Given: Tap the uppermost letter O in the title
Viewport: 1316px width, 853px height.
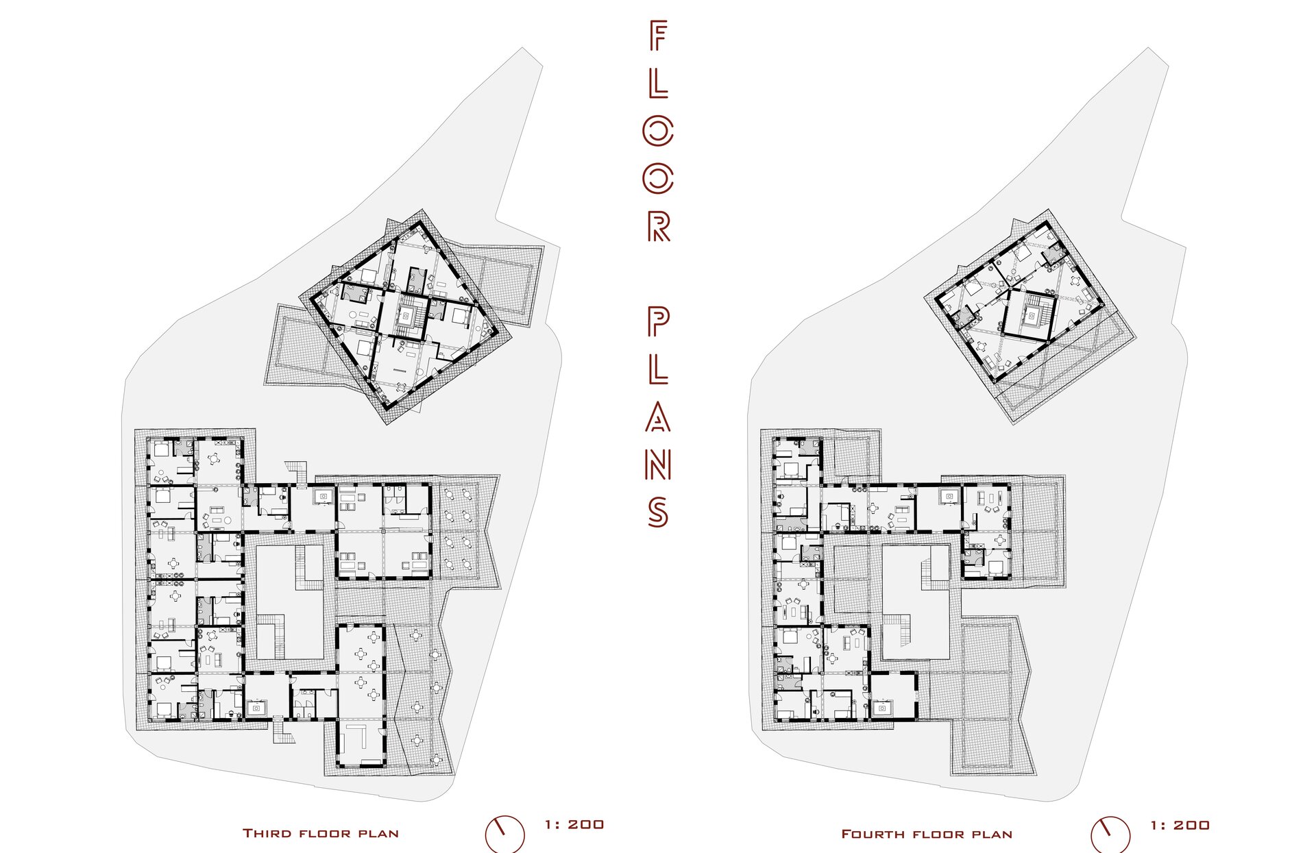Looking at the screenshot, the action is (x=658, y=131).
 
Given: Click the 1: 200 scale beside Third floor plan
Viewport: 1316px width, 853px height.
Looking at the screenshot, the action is (x=574, y=825).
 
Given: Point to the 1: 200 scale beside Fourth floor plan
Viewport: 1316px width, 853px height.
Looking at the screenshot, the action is (x=1180, y=826).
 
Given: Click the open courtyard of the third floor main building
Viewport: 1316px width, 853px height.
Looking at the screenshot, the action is (x=289, y=602).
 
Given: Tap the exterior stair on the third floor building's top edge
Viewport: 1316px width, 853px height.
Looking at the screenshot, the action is (x=297, y=472).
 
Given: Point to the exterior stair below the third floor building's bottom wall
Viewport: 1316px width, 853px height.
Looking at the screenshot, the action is (x=282, y=730).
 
